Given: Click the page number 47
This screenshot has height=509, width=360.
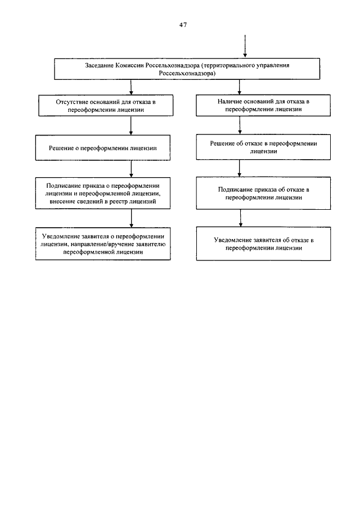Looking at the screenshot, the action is pos(183,25).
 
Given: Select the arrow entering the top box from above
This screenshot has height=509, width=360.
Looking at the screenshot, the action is pos(245,46).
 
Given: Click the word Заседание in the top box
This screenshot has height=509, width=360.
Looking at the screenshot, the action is pos(100,65).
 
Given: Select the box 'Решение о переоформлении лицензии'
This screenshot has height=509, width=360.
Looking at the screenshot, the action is pos(102,148).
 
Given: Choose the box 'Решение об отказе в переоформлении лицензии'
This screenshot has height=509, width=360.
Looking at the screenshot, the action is pos(263,147).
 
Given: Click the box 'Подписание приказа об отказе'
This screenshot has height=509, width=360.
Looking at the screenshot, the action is pos(263,193).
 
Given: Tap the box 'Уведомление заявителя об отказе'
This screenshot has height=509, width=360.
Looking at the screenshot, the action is pos(263,244).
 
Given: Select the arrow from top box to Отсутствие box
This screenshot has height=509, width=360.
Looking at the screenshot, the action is pos(131,87).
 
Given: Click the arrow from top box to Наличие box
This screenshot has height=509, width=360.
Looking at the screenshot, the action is pos(240,87).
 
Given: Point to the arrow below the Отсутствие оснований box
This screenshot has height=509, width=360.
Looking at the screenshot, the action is pos(131,125).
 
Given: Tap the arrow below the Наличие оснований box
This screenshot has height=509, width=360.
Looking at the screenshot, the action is pos(240,125).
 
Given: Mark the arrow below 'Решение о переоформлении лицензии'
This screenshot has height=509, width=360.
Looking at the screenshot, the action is pos(131,169).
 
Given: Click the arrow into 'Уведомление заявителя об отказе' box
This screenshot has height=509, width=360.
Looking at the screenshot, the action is pos(241,218).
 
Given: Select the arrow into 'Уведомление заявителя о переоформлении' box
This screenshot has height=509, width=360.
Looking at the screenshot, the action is pos(132,218).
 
